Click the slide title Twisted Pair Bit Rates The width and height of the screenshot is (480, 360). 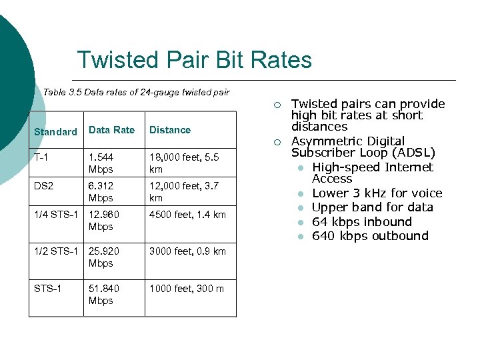coord(194,60)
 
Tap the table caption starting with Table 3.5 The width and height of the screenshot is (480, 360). coord(136,92)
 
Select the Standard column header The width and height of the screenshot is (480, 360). coord(55,132)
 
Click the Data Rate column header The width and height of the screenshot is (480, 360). coord(111,130)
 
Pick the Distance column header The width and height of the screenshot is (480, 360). coord(170,130)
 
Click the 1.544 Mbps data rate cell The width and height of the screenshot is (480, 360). coord(101,163)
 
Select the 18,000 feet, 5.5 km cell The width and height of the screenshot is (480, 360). coord(183,163)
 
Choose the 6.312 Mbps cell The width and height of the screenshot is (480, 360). coord(101,192)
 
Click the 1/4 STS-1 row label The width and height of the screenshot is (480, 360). coord(56,215)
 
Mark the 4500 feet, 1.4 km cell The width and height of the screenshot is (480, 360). coord(187,215)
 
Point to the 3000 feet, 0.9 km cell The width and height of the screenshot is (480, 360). coord(187,251)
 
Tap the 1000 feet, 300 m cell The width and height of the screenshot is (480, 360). coord(187,289)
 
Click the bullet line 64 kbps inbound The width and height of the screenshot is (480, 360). coord(362,222)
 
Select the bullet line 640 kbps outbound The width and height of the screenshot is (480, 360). coord(370,236)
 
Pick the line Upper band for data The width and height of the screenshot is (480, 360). coord(373,207)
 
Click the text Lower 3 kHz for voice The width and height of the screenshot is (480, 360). coord(377,193)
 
